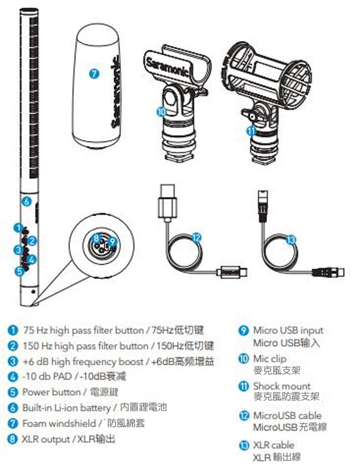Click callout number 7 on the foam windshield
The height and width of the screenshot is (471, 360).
coord(94,73)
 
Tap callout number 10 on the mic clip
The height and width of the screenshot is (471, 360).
coord(161,112)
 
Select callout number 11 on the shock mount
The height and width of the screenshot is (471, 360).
coord(251,131)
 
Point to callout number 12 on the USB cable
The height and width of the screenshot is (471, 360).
coord(196,238)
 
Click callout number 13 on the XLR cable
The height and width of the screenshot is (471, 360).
coord(291,240)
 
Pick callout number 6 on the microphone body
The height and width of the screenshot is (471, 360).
coord(27,201)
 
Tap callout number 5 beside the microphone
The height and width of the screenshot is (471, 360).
coord(19,272)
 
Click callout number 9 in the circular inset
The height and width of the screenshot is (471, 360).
coord(112,241)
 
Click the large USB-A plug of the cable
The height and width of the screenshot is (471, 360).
coord(167,201)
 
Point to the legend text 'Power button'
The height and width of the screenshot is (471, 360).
coord(52,392)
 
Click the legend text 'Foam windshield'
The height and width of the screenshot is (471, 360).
coord(59,423)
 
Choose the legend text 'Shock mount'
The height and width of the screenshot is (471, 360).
coord(282,386)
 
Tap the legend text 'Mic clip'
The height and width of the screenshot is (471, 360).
coord(270,359)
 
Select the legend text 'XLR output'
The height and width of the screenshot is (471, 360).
coord(46,439)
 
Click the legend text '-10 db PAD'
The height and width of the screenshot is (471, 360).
coord(47,376)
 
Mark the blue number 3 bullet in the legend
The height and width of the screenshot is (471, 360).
coord(12,361)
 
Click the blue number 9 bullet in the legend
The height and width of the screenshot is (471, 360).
coord(244,330)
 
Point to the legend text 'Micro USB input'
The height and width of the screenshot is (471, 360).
coord(288,330)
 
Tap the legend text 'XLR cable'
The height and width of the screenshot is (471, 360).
coord(274,445)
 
